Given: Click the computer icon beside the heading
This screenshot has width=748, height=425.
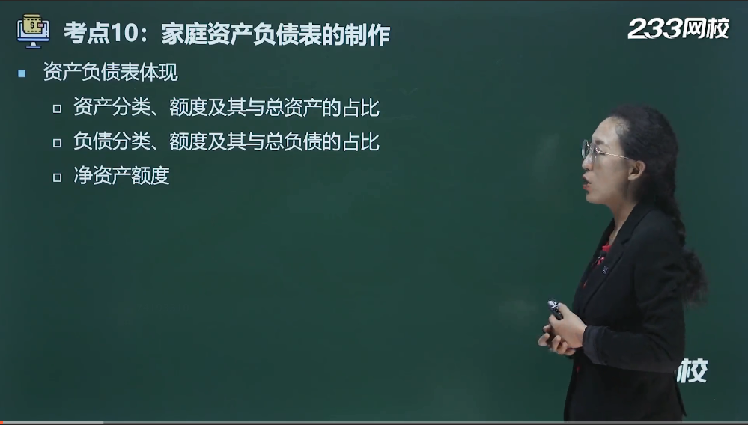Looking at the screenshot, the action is point(33,31).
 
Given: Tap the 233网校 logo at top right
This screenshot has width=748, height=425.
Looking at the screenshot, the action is point(678,28).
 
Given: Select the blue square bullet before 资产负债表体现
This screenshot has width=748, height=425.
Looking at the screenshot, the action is point(22,73).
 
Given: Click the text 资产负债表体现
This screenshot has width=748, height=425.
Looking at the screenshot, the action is point(111,73).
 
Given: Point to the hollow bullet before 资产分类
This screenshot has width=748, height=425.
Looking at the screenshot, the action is point(57,108).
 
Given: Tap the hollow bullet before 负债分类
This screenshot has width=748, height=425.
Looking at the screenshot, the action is point(57,143).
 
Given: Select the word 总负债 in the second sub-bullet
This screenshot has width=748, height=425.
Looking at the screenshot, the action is point(294,142).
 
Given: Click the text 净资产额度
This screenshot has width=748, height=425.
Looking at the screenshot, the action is point(121,176).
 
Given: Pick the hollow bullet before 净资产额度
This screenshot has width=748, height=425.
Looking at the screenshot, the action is point(57,177).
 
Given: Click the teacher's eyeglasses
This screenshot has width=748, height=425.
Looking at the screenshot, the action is point(602,151).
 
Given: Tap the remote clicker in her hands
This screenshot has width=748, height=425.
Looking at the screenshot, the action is point(556,310).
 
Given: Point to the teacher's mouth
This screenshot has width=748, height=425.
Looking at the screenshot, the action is point(586,180).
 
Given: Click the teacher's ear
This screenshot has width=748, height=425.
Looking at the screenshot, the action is point(636,170).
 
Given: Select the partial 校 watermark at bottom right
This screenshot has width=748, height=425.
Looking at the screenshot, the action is point(692,370).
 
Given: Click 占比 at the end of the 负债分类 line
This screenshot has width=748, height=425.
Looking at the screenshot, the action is point(361,142).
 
